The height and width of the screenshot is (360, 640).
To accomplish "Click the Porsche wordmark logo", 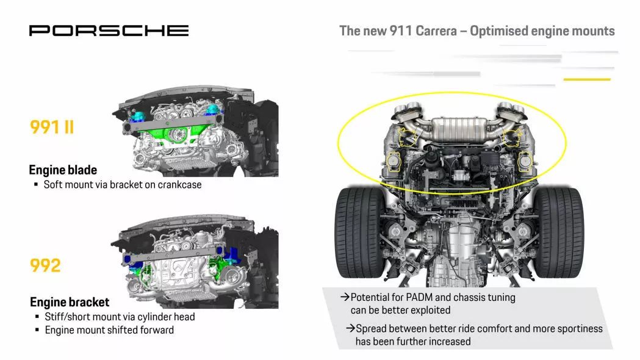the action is coord(109,31).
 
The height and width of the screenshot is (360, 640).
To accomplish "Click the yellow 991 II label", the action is coord(52,127).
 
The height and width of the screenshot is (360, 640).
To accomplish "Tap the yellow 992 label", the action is coord(45,265).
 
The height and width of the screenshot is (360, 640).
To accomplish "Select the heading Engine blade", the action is coord(63,170).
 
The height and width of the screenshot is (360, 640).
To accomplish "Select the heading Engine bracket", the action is coord(70,302).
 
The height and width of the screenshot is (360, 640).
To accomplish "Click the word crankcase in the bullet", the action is coord(179,184).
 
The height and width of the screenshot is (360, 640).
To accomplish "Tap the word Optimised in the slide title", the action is coord(505,31).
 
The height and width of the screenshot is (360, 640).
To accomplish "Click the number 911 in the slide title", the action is coord(400,31).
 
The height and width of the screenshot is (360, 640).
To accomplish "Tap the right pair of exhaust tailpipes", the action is coord(510,108).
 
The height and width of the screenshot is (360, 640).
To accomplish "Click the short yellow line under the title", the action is coord(587,79).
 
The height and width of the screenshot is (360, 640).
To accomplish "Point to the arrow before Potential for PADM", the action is coord(345,297).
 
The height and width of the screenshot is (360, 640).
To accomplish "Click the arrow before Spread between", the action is coord(350,328).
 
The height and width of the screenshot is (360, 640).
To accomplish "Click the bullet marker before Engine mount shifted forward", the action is coord(37,329).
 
